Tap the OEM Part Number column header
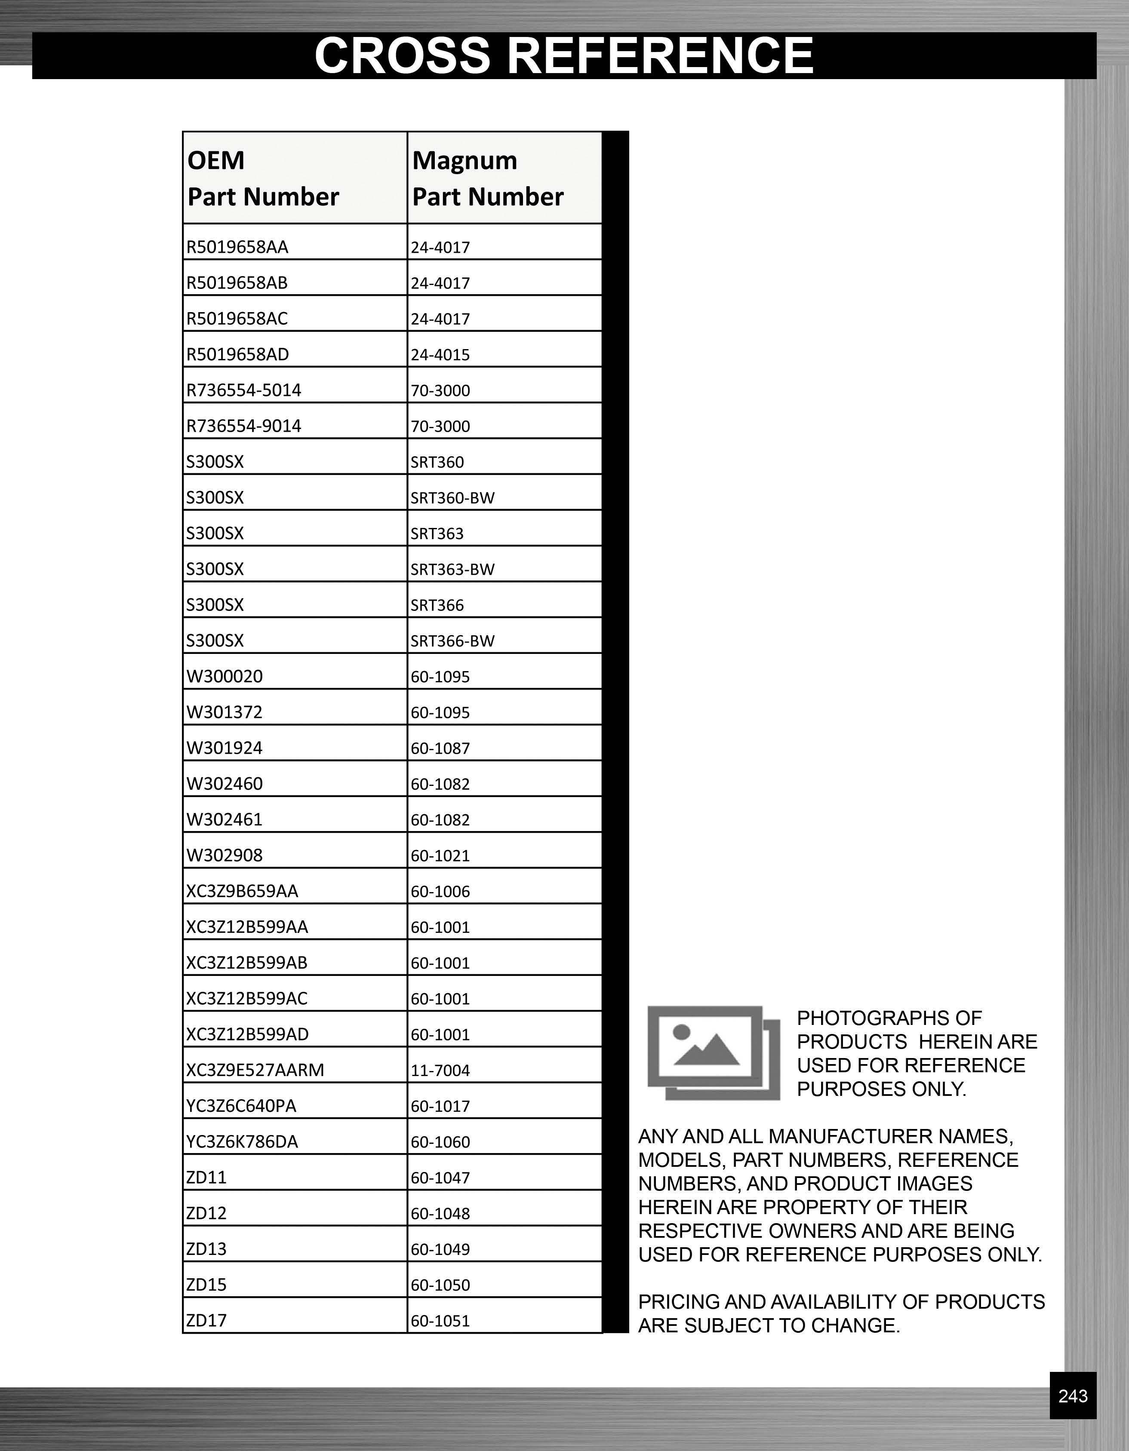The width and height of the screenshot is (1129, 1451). click(x=263, y=178)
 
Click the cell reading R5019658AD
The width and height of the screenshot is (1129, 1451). click(x=238, y=354)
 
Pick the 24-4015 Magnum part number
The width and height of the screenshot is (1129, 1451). click(x=440, y=355)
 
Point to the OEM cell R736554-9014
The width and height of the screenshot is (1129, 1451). click(x=244, y=426)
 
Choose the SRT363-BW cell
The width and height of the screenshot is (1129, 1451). click(x=452, y=569)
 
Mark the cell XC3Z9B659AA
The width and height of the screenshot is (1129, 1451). click(x=243, y=891)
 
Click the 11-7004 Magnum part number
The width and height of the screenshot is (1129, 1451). click(x=440, y=1071)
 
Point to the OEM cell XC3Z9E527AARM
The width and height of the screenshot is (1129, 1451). click(x=255, y=1070)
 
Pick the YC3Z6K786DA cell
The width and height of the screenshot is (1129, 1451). click(x=243, y=1141)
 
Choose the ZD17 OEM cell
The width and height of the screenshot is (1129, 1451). click(x=207, y=1320)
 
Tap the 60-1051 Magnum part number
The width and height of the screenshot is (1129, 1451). click(x=440, y=1321)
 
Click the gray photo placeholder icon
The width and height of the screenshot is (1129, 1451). click(x=714, y=1053)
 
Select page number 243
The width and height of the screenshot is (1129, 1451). click(x=1073, y=1396)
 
